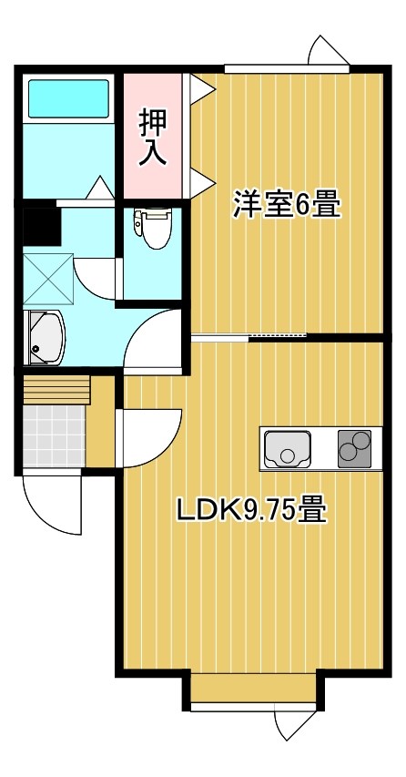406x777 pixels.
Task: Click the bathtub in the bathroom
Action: (68, 98)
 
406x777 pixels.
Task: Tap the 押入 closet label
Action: (152, 137)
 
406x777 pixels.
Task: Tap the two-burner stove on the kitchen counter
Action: (355, 448)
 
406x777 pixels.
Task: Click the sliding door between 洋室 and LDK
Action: (249, 337)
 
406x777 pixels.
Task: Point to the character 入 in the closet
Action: (152, 152)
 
